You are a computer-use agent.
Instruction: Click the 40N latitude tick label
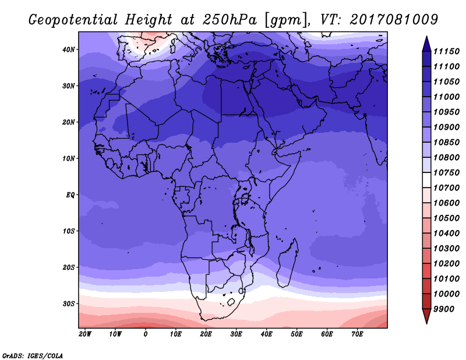(69, 50)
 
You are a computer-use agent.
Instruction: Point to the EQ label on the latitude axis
(70, 195)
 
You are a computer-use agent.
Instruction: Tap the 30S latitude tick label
(69, 304)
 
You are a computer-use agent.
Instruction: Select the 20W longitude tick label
(85, 334)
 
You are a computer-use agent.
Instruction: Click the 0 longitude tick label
(145, 334)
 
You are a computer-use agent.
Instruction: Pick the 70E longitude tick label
(357, 334)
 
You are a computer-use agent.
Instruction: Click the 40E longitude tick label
(266, 334)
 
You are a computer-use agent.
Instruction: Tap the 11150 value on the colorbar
(446, 51)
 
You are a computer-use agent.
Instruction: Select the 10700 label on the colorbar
(446, 188)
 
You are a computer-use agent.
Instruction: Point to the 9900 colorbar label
(444, 309)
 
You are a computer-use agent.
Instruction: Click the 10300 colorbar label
(446, 249)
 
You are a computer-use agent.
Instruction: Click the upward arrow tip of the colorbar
(426, 36)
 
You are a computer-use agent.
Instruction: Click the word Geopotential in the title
(73, 20)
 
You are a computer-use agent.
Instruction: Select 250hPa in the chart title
(230, 20)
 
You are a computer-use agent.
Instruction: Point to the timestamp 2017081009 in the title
(394, 20)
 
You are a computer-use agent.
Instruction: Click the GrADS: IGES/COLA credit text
(33, 356)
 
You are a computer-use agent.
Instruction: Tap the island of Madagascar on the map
(288, 263)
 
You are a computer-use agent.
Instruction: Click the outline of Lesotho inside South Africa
(231, 302)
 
